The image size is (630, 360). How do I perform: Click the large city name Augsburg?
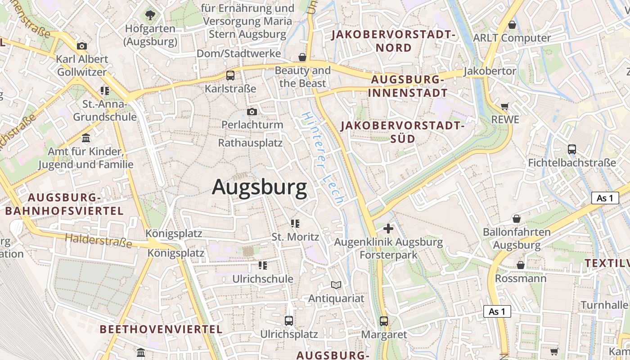point(259,187)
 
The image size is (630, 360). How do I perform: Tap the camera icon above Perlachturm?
point(252,112)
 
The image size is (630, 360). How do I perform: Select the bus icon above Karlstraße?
point(230,75)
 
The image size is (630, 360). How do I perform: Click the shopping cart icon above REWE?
point(505,107)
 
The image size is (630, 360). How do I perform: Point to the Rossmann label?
point(521,279)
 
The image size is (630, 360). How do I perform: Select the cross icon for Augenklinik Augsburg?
point(388,229)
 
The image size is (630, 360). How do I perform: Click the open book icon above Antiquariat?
point(336,285)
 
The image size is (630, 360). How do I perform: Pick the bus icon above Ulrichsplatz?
point(289,321)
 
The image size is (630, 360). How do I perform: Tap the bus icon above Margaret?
point(384,321)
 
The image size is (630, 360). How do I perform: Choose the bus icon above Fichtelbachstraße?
point(572,149)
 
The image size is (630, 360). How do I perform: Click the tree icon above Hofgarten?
point(150,16)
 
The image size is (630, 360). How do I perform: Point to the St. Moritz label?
point(295,237)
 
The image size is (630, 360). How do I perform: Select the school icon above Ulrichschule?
point(262,265)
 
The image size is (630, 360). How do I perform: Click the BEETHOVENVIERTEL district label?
point(161,329)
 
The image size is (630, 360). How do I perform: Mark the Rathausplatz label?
point(250,143)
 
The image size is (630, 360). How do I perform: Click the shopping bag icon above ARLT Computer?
point(512,25)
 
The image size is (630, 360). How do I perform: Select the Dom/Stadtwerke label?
point(238,54)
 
